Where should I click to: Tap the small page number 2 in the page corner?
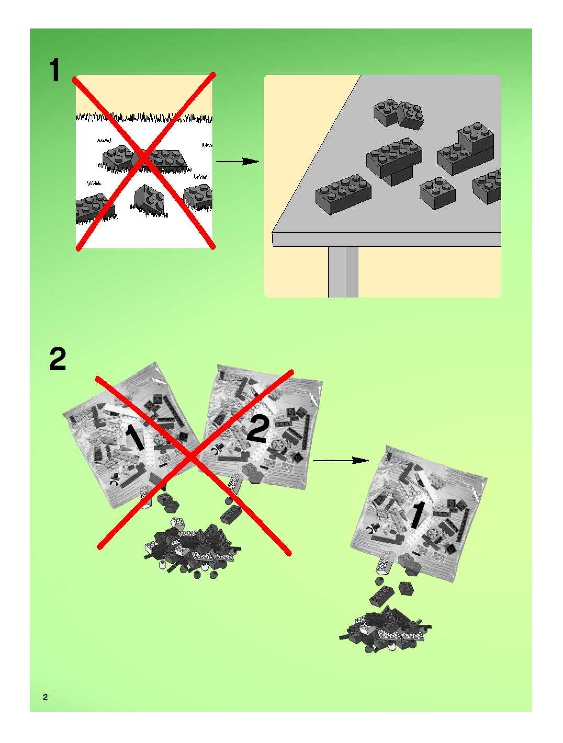click(x=45, y=697)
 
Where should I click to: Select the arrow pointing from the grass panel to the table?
click(x=237, y=162)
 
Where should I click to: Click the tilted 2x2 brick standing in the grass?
click(x=150, y=199)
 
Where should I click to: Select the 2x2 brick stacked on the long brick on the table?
click(x=476, y=138)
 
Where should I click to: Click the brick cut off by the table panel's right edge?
click(x=487, y=186)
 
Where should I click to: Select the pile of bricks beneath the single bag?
click(x=385, y=628)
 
